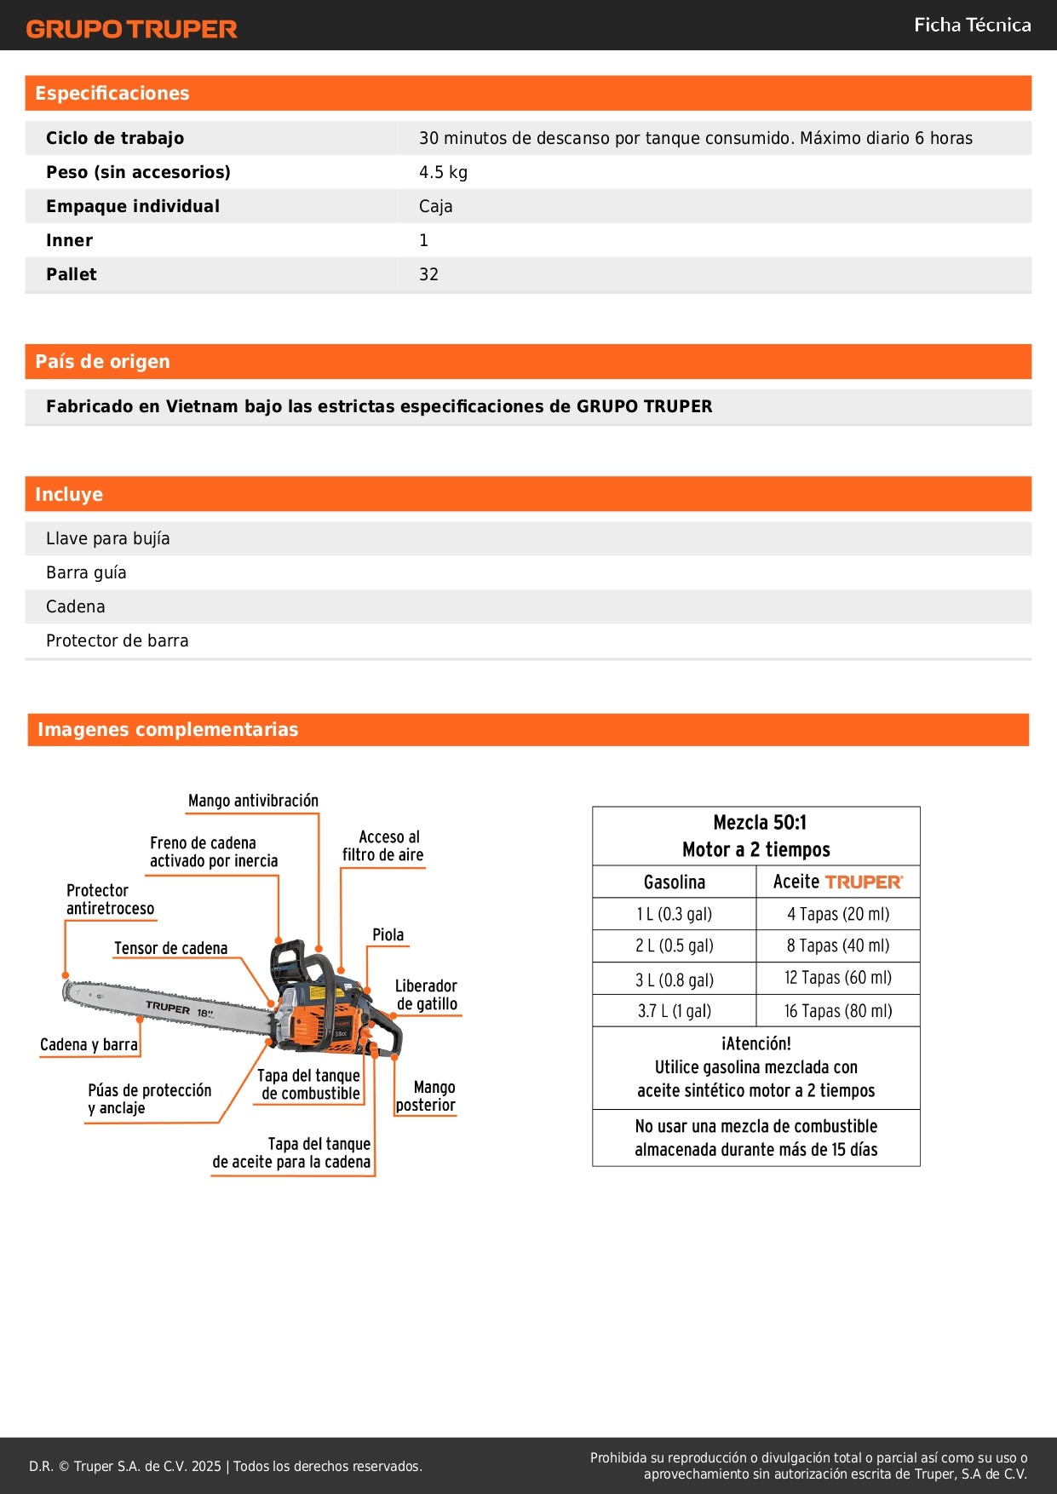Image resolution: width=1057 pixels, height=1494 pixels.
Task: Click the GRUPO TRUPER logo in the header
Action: click(131, 29)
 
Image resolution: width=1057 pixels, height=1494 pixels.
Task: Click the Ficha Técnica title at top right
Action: click(972, 25)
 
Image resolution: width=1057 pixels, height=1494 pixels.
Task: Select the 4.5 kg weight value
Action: click(443, 172)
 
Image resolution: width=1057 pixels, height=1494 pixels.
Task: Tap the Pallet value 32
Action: click(428, 274)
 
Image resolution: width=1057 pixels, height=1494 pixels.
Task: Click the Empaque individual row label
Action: click(133, 206)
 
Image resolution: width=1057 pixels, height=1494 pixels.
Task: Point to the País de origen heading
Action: click(102, 361)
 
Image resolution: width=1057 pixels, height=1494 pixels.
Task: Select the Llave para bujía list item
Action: click(108, 538)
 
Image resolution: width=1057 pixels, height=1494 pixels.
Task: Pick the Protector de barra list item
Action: click(118, 641)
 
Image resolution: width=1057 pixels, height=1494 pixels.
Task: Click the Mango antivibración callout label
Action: click(253, 801)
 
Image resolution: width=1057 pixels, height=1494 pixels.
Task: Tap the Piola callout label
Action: click(388, 934)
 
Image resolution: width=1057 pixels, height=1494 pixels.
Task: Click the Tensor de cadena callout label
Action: click(170, 948)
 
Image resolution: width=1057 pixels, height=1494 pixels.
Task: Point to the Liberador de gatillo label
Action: click(426, 995)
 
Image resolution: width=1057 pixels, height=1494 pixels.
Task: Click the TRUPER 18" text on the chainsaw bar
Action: click(179, 1009)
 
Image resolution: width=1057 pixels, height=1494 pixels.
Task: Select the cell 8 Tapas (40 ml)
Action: click(838, 945)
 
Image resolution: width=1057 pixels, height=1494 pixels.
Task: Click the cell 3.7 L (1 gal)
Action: click(674, 1011)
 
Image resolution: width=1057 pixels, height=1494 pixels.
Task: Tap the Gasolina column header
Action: click(674, 882)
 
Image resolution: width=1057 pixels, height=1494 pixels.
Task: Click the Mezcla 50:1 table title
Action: click(759, 823)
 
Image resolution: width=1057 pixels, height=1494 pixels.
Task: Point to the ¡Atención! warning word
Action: click(755, 1043)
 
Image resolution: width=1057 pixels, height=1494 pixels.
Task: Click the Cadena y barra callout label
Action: click(89, 1044)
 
